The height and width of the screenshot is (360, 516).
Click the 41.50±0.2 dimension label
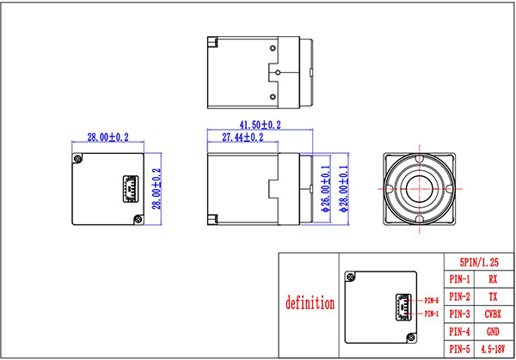(x=260, y=125)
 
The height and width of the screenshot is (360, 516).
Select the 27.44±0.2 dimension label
(x=243, y=137)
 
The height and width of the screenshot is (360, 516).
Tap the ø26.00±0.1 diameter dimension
(x=325, y=189)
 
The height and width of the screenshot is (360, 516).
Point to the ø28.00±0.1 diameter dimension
(x=344, y=189)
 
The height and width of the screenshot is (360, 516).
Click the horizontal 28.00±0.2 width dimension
(x=108, y=137)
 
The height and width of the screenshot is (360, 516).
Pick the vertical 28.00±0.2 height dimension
(x=157, y=189)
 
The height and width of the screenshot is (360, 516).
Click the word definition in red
(x=310, y=302)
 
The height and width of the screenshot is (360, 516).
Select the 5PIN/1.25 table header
(x=479, y=262)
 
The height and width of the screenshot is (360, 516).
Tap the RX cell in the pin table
(x=493, y=279)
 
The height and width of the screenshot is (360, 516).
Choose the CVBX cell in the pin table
(x=493, y=314)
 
